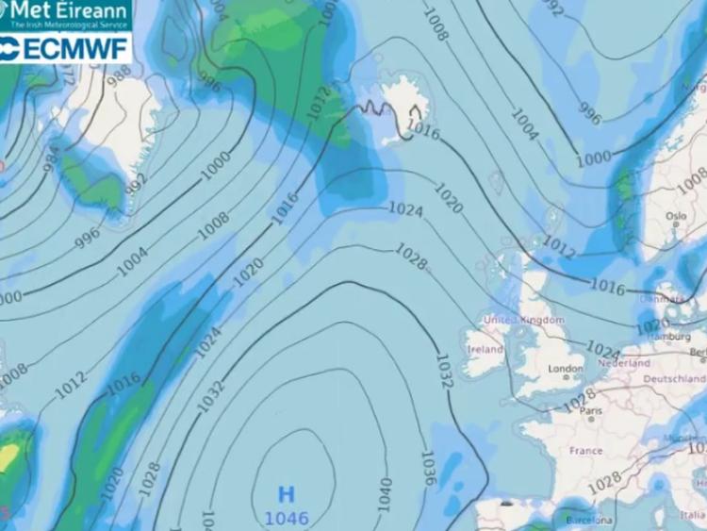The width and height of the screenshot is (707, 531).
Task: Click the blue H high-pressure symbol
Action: [287, 494]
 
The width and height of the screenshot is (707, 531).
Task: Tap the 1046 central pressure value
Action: [287, 518]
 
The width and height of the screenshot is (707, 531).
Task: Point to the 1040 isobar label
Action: [385, 494]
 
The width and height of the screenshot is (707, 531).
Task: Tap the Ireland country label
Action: [485, 350]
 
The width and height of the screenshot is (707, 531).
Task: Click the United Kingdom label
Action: [523, 321]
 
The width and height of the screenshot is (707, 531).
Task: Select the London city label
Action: [565, 369]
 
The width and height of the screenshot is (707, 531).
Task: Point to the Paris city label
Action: [591, 412]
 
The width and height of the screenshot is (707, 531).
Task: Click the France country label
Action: [585, 451]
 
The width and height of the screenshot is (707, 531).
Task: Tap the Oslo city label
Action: [675, 216]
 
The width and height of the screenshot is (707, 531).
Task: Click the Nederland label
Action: [623, 363]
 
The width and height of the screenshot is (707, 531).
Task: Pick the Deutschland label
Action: [674, 378]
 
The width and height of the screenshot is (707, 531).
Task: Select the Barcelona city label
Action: [589, 520]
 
